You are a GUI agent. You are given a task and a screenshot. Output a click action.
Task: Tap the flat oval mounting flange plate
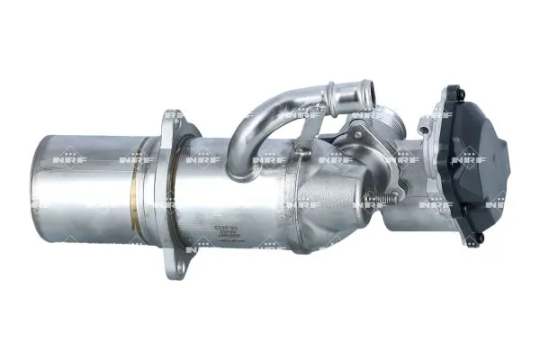(174, 193)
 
